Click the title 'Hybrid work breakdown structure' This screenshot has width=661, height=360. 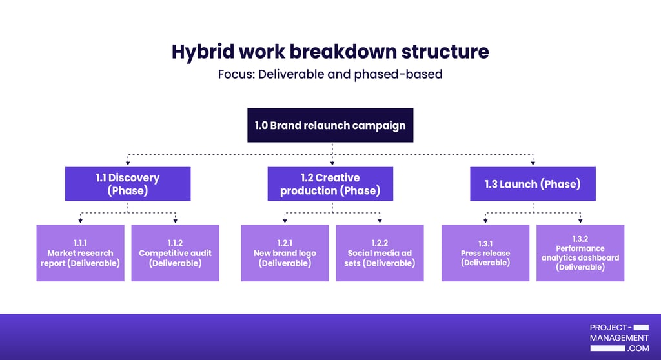330,52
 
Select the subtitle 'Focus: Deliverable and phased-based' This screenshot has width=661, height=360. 330,74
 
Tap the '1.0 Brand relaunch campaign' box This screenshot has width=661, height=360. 330,125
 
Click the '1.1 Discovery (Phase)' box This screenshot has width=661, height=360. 128,184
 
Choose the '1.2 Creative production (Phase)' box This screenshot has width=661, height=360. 330,184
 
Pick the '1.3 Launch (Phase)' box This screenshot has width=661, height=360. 533,184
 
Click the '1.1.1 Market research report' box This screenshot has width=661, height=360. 80,253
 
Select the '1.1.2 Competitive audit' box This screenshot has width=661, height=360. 175,253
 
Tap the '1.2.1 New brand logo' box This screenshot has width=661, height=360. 285,253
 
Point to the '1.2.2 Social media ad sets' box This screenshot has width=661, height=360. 380,253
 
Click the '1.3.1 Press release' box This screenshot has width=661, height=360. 485,253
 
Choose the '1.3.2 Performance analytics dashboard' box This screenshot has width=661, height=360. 580,253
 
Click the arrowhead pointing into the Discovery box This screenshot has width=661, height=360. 128,163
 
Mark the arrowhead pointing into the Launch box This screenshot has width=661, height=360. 533,163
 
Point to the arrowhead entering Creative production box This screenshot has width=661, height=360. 332,163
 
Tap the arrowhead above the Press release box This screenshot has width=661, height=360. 485,221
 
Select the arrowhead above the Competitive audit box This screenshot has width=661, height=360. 175,221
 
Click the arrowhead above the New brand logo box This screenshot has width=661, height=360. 285,221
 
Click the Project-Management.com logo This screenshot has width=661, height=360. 619,337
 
